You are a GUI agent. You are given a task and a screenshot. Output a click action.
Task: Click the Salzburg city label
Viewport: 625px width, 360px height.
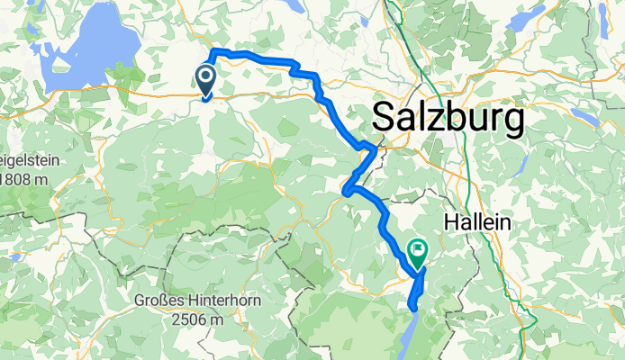click(x=448, y=118)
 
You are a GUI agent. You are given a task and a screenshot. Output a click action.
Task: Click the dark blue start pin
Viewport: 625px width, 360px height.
click(x=205, y=80)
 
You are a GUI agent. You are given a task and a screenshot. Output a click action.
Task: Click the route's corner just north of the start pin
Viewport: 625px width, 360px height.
click(x=213, y=50)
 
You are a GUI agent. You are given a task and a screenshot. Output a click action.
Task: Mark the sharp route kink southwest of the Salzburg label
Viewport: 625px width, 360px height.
click(x=347, y=190)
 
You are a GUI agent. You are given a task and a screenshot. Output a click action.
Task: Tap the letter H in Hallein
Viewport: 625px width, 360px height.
click(x=449, y=222)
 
